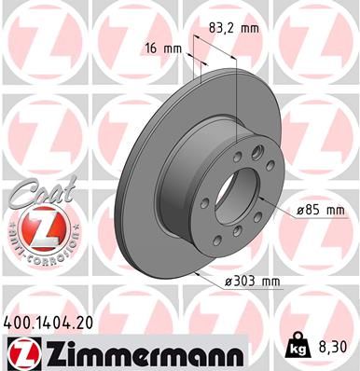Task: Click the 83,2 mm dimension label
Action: pyautogui.click(x=235, y=28)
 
